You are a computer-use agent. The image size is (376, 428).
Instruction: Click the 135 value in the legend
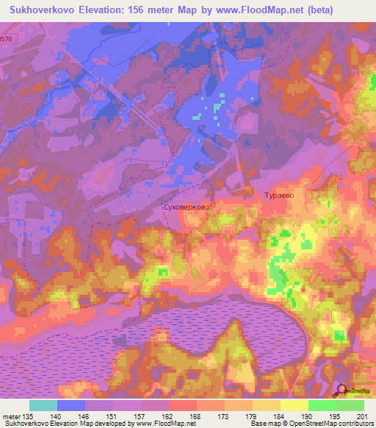[28, 415]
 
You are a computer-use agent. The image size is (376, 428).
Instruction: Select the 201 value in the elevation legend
[362, 415]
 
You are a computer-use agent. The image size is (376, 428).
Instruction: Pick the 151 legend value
[112, 415]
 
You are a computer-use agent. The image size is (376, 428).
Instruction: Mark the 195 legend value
[335, 415]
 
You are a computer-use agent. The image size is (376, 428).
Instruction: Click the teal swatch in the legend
[43, 405]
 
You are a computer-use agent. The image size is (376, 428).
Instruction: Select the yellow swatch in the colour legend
[294, 405]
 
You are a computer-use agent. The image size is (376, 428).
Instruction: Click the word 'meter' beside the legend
[10, 415]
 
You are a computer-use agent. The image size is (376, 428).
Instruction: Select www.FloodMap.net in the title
[247, 10]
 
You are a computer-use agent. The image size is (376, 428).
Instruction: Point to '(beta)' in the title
[313, 10]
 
